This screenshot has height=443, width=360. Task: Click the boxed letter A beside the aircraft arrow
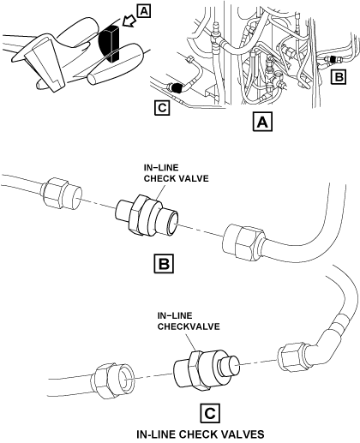(x=144, y=11)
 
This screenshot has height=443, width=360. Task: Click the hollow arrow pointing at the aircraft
(x=129, y=21)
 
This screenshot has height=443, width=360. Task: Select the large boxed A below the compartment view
(x=262, y=123)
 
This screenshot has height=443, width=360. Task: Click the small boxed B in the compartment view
(x=339, y=77)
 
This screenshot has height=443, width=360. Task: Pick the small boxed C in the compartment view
(x=162, y=108)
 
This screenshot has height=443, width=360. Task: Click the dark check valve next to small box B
(x=333, y=60)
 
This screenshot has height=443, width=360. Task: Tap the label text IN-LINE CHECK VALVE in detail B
(x=177, y=173)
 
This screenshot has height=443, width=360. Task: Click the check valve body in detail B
(x=147, y=216)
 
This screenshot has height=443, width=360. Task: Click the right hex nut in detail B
(x=243, y=242)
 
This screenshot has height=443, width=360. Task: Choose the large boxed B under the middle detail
(x=164, y=263)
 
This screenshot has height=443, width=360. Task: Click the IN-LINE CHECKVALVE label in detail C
(x=189, y=321)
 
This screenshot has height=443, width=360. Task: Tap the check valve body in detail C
(x=207, y=370)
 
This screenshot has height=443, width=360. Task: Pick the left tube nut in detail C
(x=113, y=380)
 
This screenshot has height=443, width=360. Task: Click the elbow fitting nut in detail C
(x=291, y=357)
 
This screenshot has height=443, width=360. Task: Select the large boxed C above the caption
(x=210, y=413)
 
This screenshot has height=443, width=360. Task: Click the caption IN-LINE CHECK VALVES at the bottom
(x=201, y=434)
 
